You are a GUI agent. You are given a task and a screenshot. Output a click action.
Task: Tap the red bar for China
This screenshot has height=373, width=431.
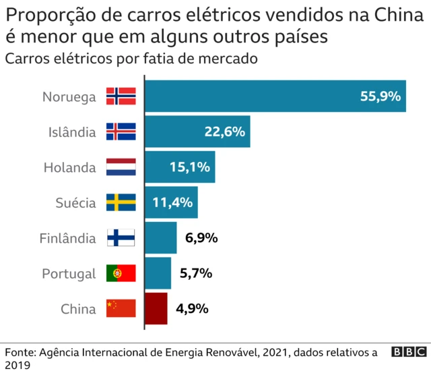[x=157, y=309]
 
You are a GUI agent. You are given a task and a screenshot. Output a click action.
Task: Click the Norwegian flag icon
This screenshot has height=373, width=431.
[x=121, y=96]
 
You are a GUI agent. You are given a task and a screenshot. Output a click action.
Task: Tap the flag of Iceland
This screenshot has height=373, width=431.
[x=121, y=132]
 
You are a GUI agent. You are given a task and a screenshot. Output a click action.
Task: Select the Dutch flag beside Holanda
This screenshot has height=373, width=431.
[x=121, y=167]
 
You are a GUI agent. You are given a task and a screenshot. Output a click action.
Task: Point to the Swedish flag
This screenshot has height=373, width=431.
[x=121, y=202]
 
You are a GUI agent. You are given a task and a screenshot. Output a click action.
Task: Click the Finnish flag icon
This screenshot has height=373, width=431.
[x=121, y=238]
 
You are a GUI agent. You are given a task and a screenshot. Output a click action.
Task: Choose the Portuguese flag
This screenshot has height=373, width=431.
[x=121, y=273]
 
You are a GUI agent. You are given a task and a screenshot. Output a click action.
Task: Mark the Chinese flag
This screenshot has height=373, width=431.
[x=121, y=309]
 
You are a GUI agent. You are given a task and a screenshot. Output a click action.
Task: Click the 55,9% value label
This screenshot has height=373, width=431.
[x=380, y=96]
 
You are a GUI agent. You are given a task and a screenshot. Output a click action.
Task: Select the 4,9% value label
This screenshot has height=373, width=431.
[x=192, y=309]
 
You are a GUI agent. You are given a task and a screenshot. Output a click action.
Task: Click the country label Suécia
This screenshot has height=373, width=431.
[x=75, y=202]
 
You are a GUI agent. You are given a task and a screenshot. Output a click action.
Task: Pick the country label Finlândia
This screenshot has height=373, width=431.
[x=69, y=238]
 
